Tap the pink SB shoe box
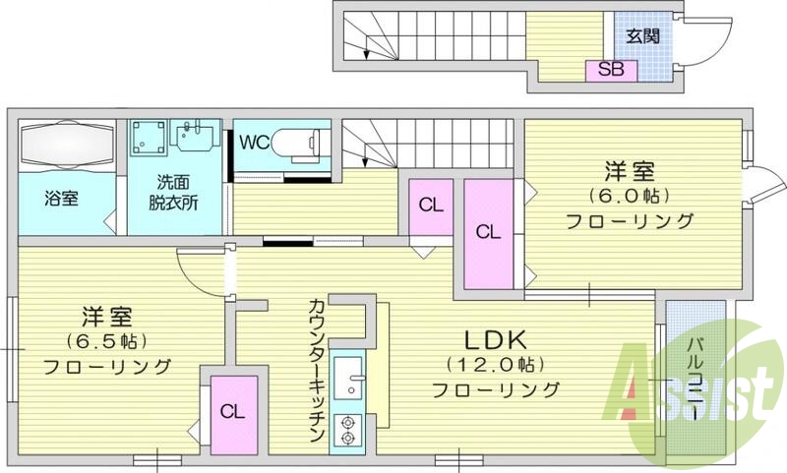(x=611, y=69)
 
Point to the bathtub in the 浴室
(x=63, y=146)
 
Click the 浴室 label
(x=62, y=197)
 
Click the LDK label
(x=501, y=340)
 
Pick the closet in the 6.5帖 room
(x=232, y=410)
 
